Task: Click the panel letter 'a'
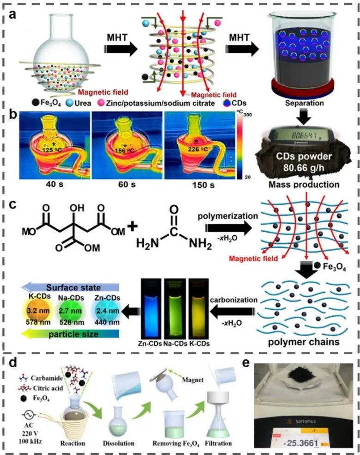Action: (x=15, y=14)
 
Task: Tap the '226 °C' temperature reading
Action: (x=198, y=149)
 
